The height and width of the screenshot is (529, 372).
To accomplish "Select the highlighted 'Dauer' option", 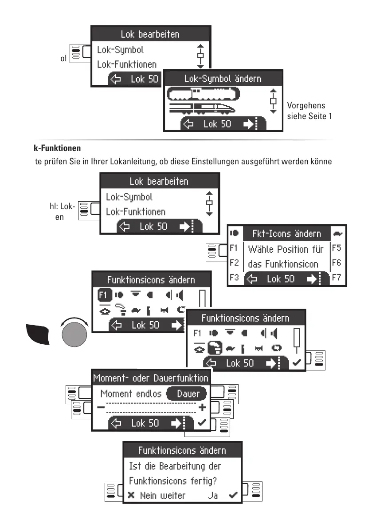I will (188, 394).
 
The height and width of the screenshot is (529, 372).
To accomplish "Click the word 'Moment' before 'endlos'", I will (116, 394).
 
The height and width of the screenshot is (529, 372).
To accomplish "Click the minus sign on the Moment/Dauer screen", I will (102, 408).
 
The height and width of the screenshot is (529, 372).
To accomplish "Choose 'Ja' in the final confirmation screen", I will (213, 495).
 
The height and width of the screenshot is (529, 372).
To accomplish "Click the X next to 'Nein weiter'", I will (131, 495).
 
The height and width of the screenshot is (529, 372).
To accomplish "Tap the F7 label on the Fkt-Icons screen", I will (337, 278).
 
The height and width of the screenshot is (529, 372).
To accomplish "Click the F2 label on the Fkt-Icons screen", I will (235, 263).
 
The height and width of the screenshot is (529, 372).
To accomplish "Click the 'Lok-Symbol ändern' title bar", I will (223, 79).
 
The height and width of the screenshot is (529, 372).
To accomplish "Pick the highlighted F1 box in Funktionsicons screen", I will (103, 294).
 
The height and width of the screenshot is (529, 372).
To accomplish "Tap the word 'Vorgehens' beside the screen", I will (306, 106).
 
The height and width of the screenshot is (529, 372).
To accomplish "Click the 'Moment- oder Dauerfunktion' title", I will (151, 378).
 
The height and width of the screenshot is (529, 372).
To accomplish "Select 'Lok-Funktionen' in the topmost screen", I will (127, 64).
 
